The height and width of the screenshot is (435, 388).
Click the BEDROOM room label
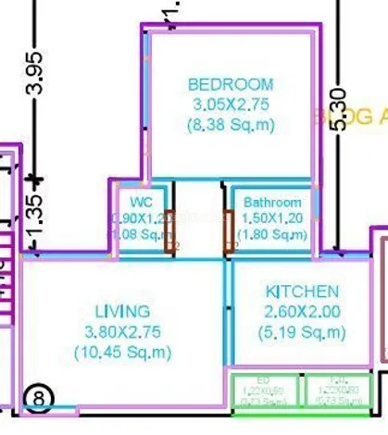pyautogui.click(x=230, y=84)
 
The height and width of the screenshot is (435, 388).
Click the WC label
pyautogui.click(x=141, y=202)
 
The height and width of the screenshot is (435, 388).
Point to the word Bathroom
pyautogui.click(x=272, y=203)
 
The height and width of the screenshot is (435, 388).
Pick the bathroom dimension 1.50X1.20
pyautogui.click(x=272, y=218)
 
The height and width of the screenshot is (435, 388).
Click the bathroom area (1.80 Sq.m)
pyautogui.click(x=272, y=235)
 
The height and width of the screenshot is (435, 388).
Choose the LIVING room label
pyautogui.click(x=123, y=311)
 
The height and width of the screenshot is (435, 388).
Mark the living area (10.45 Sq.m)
pyautogui.click(x=123, y=352)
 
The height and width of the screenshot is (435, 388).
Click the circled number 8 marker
pyautogui.click(x=39, y=398)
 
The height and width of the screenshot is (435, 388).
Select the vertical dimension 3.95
pyautogui.click(x=34, y=77)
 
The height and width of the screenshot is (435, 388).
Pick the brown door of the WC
pyautogui.click(x=169, y=231)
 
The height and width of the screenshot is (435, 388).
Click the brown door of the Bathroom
pyautogui.click(x=228, y=231)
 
